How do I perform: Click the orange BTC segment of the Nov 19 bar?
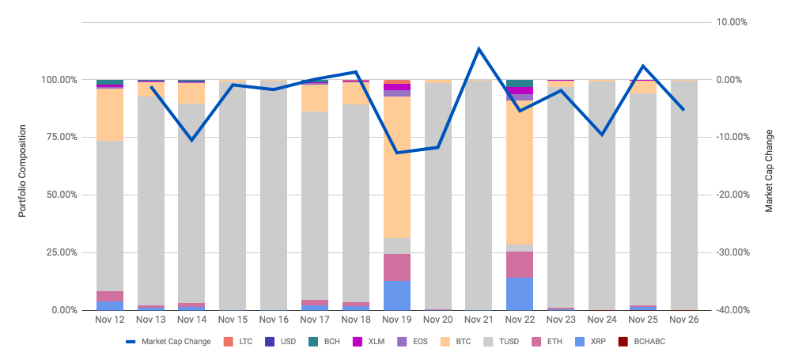pyautogui.click(x=397, y=166)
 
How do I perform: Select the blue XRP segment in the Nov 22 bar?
pyautogui.click(x=520, y=294)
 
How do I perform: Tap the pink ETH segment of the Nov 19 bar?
pyautogui.click(x=397, y=267)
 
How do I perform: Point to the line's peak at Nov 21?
pyautogui.click(x=479, y=49)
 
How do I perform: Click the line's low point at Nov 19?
pyautogui.click(x=397, y=153)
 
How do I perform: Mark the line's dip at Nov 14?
pyautogui.click(x=192, y=140)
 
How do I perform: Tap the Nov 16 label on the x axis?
pyautogui.click(x=274, y=320)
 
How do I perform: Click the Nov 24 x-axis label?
pyautogui.click(x=602, y=320)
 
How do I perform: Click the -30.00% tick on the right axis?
pyautogui.click(x=732, y=252)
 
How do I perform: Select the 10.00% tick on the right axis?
pyautogui.click(x=732, y=22)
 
